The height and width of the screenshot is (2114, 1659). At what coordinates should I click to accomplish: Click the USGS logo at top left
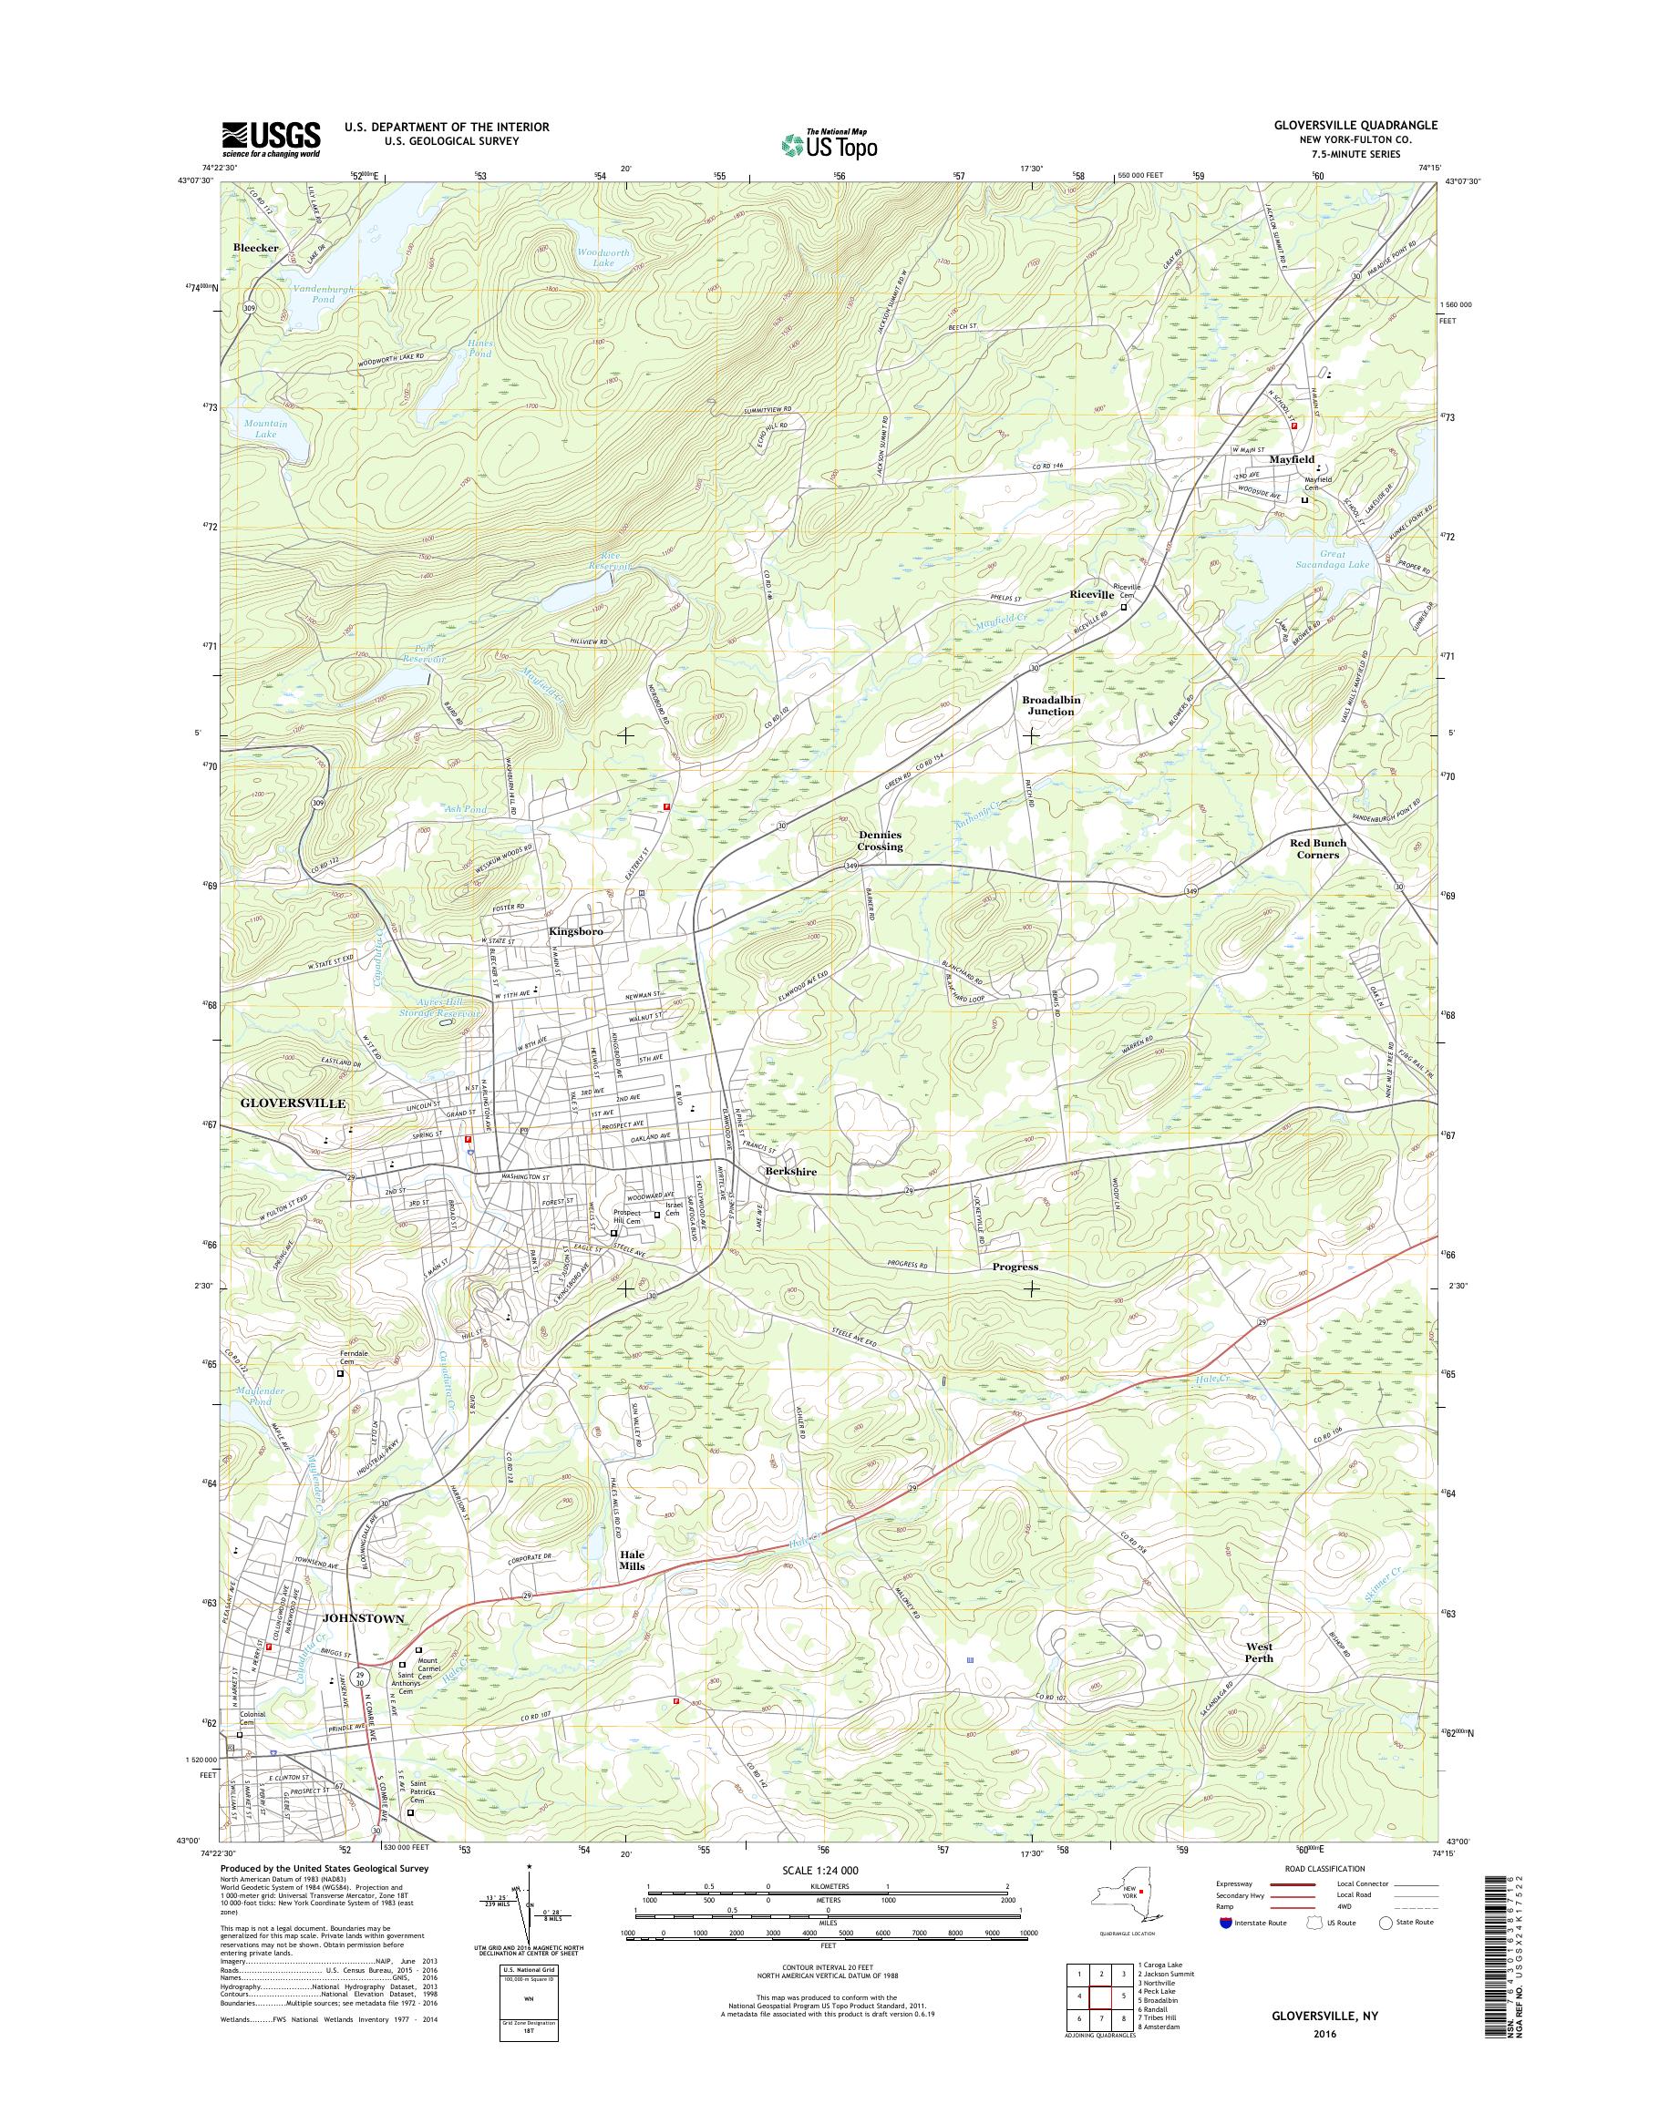coord(271,139)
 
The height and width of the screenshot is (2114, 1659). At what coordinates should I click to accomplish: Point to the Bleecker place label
coord(256,249)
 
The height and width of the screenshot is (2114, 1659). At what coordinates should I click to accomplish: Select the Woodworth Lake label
coord(603,257)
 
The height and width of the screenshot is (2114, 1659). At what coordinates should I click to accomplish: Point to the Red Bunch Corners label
coord(1317,848)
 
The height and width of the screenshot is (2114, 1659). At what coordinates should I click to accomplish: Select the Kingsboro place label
coord(576,931)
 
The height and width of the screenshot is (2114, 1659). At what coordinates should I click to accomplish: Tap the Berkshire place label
coord(789,1172)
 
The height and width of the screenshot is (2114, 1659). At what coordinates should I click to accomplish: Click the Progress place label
coord(1015,1267)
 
